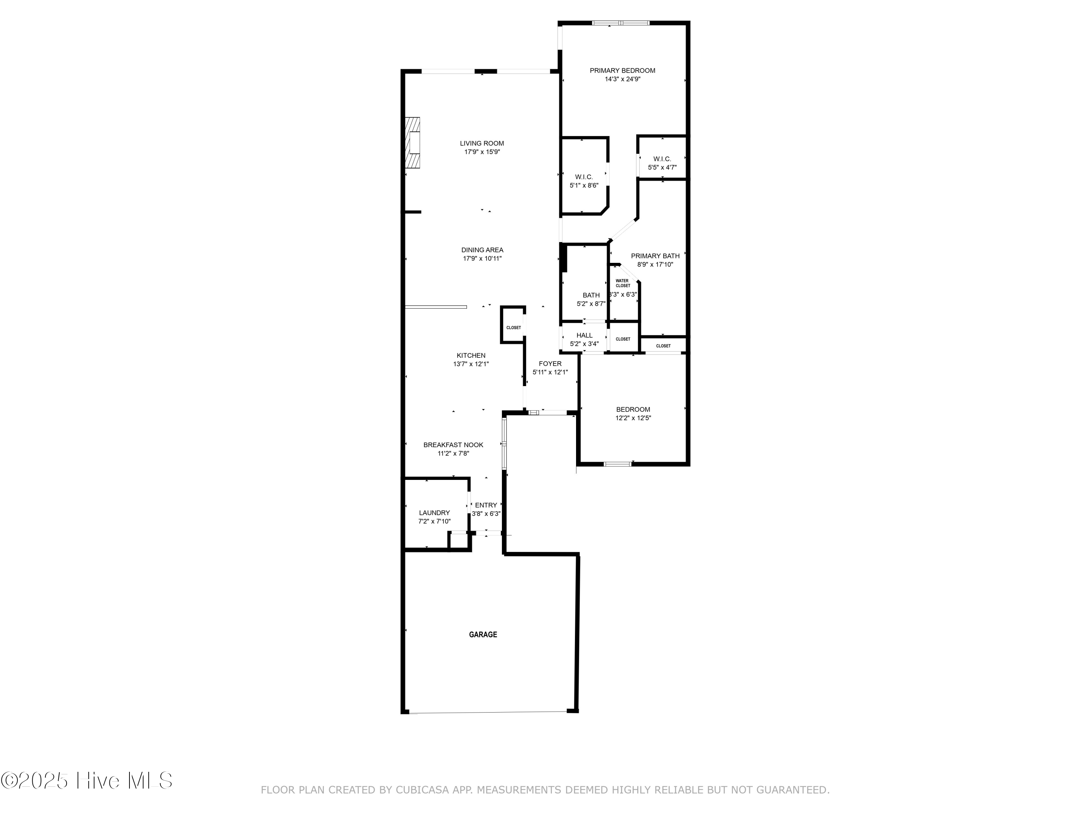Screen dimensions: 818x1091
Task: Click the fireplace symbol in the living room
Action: click(413, 143)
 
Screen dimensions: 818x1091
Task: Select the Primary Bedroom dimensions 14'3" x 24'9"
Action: click(623, 79)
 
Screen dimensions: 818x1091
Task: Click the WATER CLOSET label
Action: click(623, 283)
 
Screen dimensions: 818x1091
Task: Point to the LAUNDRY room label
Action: click(434, 513)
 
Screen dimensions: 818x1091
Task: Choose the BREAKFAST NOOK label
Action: click(453, 445)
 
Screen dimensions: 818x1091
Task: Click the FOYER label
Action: click(550, 364)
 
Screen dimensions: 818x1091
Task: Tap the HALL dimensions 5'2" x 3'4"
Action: click(584, 344)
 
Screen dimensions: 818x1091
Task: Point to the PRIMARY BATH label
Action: click(655, 256)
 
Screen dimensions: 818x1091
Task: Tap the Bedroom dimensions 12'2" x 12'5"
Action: click(633, 418)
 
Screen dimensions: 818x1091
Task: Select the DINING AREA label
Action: click(482, 250)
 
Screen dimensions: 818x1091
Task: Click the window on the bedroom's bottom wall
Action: click(618, 464)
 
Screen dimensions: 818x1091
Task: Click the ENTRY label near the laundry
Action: click(486, 505)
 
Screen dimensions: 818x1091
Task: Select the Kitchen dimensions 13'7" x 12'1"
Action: click(471, 364)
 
